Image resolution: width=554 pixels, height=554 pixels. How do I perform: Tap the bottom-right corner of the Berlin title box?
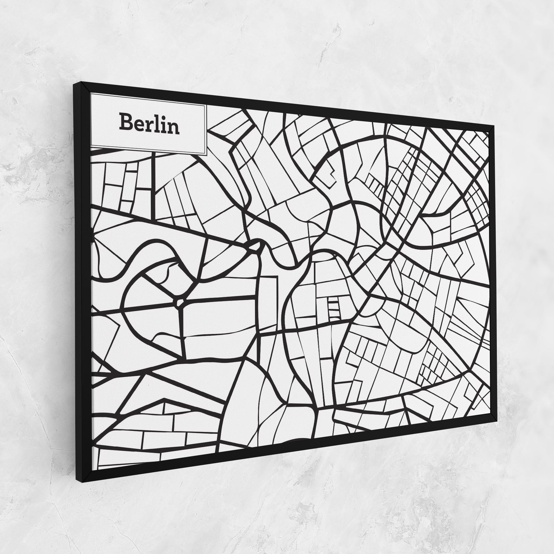click(x=206, y=155)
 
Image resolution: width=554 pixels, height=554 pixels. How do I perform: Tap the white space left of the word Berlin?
click(x=104, y=124)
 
